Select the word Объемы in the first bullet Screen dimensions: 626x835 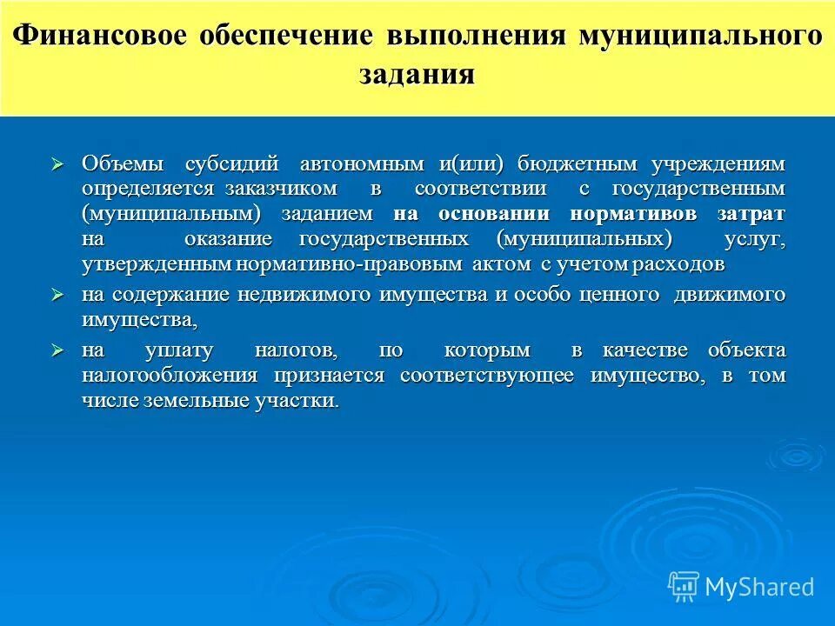(x=121, y=163)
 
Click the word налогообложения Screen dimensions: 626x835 (x=170, y=376)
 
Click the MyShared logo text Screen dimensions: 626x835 (x=759, y=587)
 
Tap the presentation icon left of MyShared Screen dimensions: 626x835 (x=683, y=586)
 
